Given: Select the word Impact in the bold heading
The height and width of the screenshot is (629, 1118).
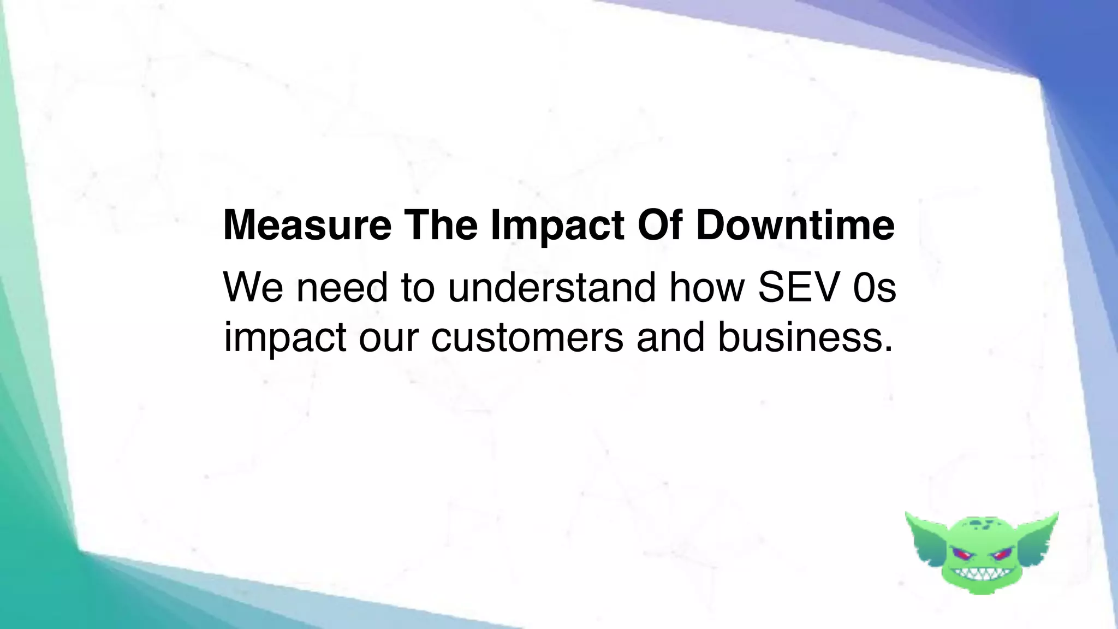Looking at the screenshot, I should (557, 226).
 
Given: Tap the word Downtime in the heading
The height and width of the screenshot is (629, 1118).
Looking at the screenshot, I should (795, 226).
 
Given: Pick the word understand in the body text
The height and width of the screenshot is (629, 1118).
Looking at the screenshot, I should (551, 287).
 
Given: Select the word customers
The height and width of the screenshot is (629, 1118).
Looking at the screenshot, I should (527, 337).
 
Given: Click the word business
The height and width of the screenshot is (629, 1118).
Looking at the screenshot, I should (805, 337).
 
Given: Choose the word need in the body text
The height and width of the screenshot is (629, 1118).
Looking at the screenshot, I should (342, 287).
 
